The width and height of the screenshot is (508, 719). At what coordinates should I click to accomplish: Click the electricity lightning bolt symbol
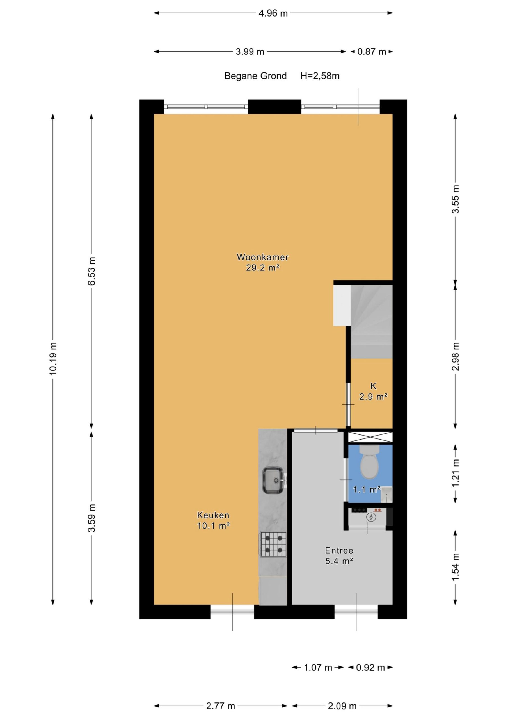(x=372, y=517)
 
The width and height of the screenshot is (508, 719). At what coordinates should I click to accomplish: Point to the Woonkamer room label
(x=263, y=257)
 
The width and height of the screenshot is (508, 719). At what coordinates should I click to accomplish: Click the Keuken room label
(x=213, y=515)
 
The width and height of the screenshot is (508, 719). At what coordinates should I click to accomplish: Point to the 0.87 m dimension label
(x=372, y=52)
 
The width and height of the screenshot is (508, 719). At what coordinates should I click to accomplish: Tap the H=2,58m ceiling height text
(x=320, y=76)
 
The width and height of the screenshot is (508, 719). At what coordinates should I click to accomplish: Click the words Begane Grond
(x=255, y=76)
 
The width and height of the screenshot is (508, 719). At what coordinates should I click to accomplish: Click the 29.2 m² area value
(x=263, y=268)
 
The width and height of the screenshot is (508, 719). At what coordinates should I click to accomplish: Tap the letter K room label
(x=373, y=386)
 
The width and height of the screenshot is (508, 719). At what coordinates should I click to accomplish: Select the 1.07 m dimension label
(x=318, y=668)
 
